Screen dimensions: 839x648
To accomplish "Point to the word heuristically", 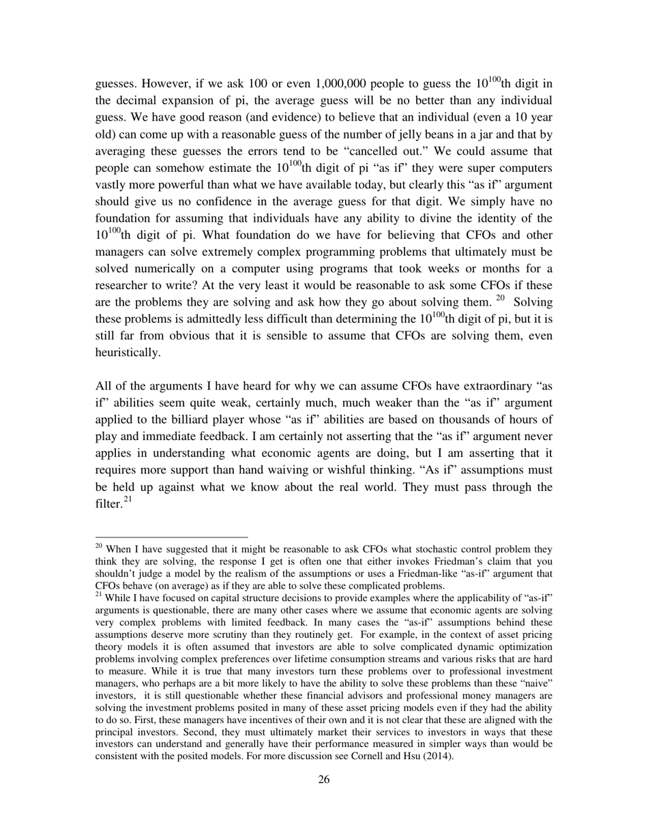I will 128,352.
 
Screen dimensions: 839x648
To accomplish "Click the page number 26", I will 324,780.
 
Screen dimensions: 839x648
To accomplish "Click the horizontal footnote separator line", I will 171,537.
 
